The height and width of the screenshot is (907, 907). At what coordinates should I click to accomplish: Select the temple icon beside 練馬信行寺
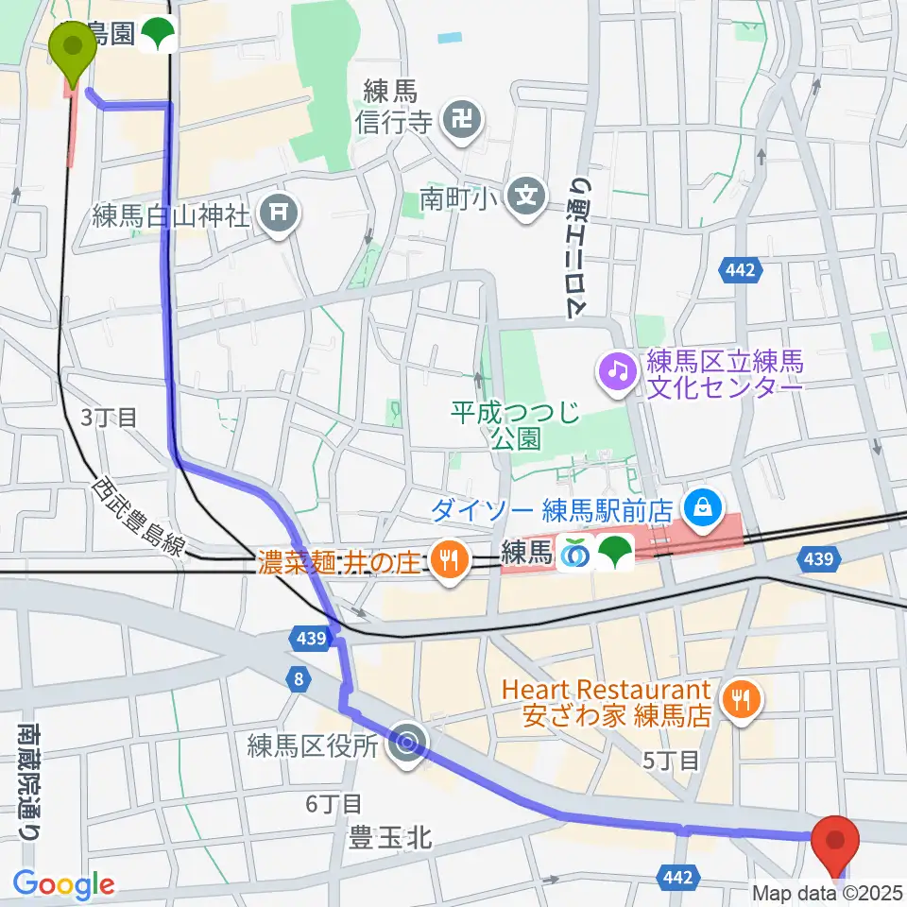coord(464,120)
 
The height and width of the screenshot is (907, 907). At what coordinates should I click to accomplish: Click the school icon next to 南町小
coord(524,197)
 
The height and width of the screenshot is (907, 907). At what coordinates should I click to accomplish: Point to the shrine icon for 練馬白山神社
coord(280,215)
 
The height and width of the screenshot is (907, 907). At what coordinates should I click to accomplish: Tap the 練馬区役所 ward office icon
coord(407,744)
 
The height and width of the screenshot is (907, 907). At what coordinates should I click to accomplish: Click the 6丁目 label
coord(334,804)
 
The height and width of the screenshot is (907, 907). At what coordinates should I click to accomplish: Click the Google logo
coord(63,885)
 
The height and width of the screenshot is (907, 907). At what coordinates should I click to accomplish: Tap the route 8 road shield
coord(299,679)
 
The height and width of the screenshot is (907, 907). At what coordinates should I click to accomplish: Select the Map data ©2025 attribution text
coord(827,893)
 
